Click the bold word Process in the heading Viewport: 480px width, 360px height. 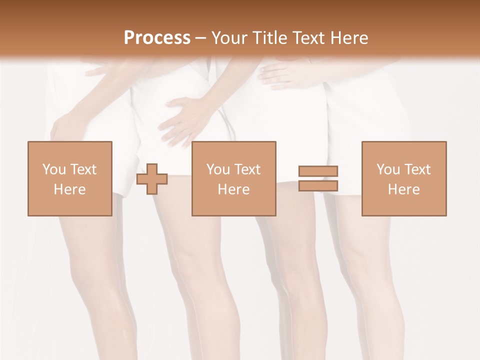[x=157, y=37]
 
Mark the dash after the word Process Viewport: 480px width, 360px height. [x=200, y=38]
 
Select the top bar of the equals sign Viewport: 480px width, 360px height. [x=318, y=171]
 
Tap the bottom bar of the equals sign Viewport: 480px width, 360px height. [x=318, y=185]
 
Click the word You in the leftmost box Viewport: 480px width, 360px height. [x=53, y=169]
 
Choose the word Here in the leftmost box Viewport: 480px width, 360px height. [x=69, y=189]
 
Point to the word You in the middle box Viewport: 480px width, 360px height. [x=218, y=169]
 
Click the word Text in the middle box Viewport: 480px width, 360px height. [x=246, y=169]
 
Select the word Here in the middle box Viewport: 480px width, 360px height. [x=234, y=189]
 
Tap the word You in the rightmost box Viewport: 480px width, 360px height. [x=388, y=169]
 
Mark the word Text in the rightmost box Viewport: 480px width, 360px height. [x=416, y=169]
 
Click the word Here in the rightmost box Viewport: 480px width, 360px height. [x=404, y=189]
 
